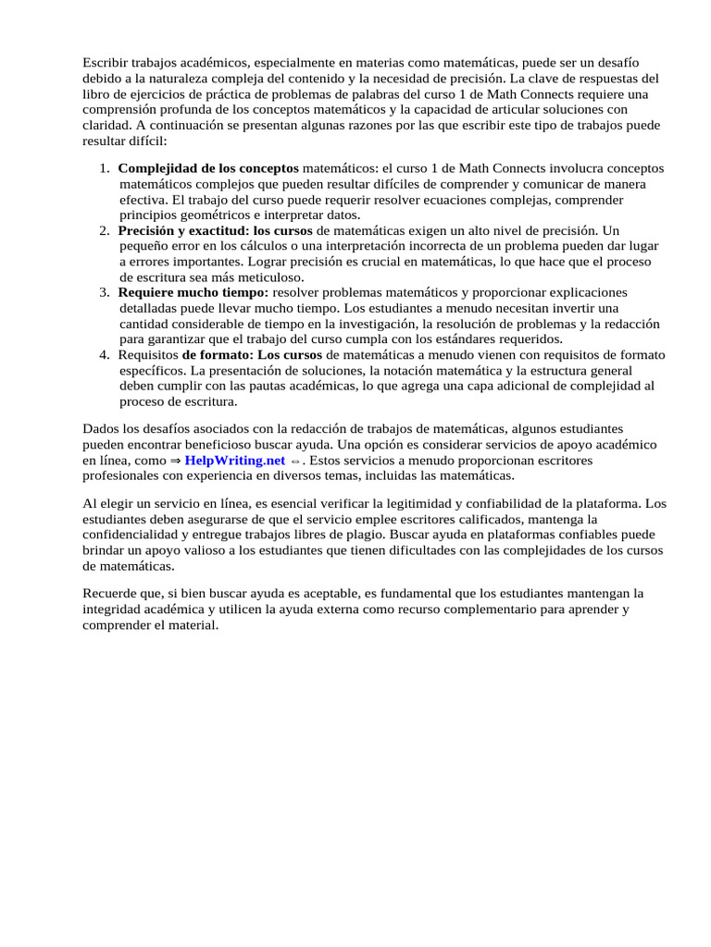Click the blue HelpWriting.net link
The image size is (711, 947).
click(x=234, y=460)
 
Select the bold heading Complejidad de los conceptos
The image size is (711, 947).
click(x=208, y=168)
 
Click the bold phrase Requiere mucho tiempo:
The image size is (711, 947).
click(x=193, y=292)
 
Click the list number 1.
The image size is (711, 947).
click(x=104, y=168)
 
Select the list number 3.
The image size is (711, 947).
click(x=104, y=292)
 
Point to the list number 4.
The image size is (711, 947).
click(x=104, y=355)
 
